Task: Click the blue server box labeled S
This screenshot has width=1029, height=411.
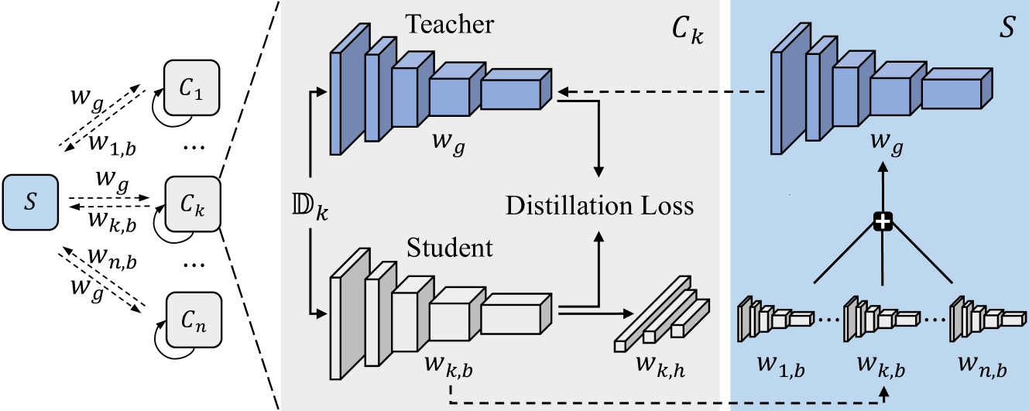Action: (29, 202)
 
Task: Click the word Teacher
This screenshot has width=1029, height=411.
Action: (449, 25)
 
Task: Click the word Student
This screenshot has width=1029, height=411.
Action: (450, 248)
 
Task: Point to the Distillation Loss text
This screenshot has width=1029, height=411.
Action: (599, 206)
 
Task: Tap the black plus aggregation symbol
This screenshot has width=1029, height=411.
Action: (883, 223)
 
